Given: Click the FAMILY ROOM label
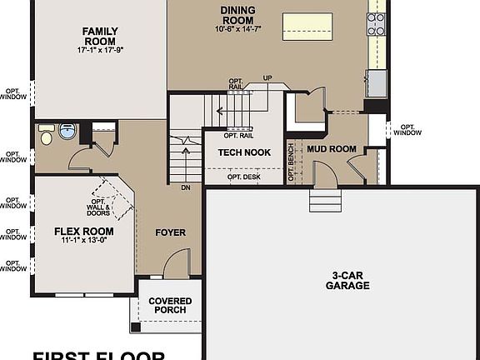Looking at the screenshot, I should click(x=99, y=36).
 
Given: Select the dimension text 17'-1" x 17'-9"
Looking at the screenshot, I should click(x=99, y=50).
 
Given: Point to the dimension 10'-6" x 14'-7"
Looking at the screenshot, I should click(x=237, y=28).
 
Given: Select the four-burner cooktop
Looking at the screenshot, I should click(x=377, y=25).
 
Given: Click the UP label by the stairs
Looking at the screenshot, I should click(x=267, y=78).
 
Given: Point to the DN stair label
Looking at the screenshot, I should click(x=186, y=188).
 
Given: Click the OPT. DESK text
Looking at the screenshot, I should click(x=244, y=176).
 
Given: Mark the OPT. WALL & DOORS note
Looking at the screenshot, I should click(x=99, y=207).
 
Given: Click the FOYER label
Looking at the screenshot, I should click(x=171, y=232).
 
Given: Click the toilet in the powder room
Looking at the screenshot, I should click(x=47, y=134).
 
